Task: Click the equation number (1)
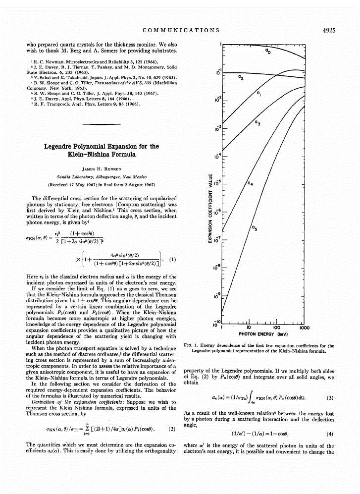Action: coord(172,259)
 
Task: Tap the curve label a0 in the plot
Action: coord(267,51)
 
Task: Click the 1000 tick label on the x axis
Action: coord(304,328)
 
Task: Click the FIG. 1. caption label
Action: coord(191,345)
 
